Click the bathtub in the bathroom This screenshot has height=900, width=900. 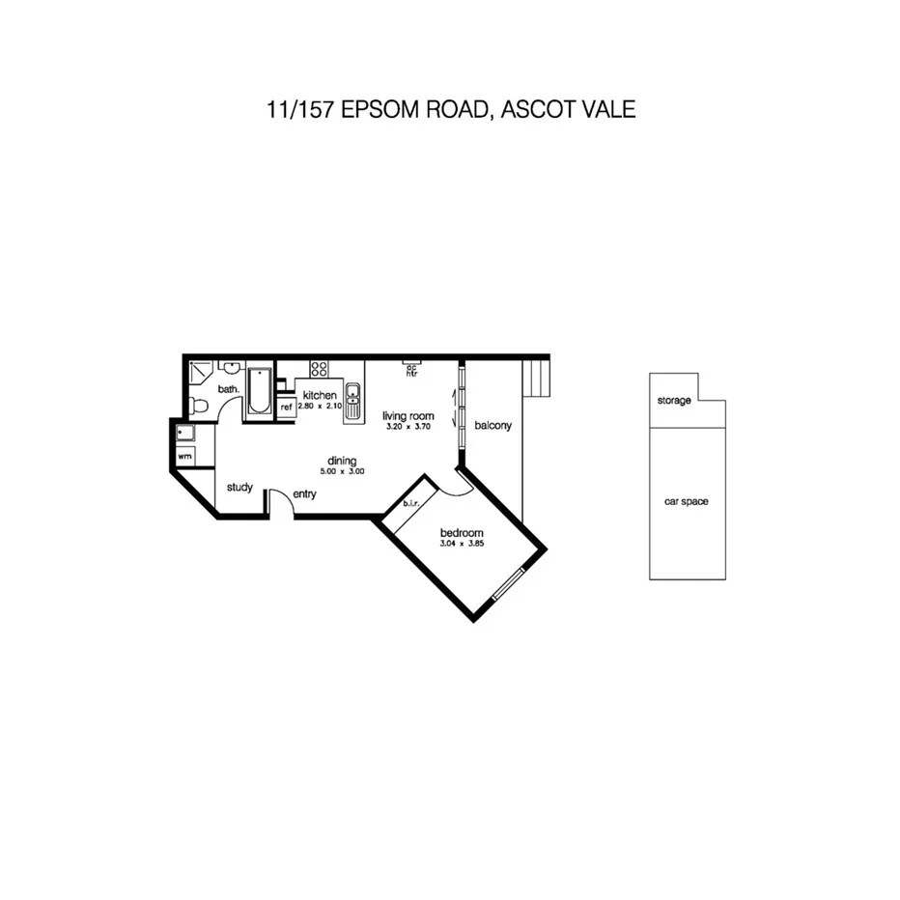click(260, 391)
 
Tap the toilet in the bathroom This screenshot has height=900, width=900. click(197, 405)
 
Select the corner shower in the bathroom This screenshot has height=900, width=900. click(200, 372)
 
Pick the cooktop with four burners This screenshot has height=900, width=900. click(319, 369)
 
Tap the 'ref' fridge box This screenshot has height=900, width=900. click(286, 408)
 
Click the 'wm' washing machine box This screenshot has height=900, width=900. click(183, 455)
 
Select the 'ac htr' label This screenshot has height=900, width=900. click(411, 370)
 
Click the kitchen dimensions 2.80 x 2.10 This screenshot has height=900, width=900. click(319, 407)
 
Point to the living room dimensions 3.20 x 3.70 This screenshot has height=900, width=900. click(407, 426)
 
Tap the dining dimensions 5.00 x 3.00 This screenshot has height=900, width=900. click(342, 471)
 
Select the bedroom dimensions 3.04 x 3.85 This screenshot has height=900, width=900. click(461, 544)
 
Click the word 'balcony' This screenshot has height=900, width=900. click(492, 425)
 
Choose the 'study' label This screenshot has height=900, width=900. click(239, 487)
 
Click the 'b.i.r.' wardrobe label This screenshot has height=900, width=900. click(410, 503)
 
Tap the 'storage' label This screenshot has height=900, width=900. click(674, 401)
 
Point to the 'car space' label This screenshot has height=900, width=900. click(687, 501)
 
